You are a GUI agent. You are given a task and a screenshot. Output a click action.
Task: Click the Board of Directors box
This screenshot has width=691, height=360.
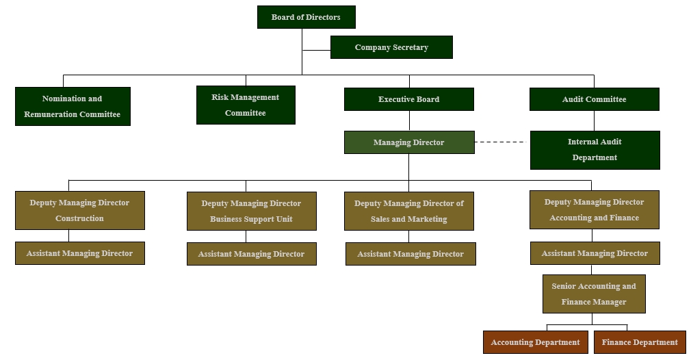pos(306,17)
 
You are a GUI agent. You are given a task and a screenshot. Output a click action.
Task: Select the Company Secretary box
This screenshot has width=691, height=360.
pos(391,47)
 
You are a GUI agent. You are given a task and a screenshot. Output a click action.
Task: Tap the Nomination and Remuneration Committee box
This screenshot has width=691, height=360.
pos(73,106)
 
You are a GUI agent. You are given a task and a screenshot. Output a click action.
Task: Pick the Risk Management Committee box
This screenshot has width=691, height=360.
pos(246,105)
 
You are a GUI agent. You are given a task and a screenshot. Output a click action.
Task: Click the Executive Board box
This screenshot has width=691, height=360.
pos(408,99)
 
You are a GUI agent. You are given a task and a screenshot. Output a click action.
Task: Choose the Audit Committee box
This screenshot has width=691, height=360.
pos(594,99)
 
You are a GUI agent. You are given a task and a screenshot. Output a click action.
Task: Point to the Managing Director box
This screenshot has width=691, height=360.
pos(408,142)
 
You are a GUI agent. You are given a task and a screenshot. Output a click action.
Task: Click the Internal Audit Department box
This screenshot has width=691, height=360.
pos(595,150)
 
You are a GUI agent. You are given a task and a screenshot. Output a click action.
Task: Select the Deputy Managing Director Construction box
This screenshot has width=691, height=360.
pos(79,210)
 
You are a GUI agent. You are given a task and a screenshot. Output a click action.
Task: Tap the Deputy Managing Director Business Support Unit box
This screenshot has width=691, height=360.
pos(251,211)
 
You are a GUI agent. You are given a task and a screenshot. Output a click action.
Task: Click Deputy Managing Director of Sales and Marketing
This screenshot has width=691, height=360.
pos(409,211)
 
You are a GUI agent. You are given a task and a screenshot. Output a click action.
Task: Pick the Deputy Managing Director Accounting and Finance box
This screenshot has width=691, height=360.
pos(594,209)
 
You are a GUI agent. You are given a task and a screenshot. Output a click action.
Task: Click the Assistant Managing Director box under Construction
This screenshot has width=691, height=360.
pos(79,253)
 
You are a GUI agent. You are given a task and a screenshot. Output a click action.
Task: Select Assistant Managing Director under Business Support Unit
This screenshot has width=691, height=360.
pos(251,254)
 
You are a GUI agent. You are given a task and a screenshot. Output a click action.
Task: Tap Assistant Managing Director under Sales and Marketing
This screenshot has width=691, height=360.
pos(410,254)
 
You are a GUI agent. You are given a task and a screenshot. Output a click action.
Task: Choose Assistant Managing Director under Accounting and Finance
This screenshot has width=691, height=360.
pos(595,253)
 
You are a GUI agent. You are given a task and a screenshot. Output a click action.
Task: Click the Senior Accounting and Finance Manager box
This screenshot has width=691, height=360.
pos(594,294)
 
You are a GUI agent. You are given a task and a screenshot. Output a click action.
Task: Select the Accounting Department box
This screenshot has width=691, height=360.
pos(535,342)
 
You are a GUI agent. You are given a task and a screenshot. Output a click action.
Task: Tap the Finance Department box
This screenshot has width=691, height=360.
pos(640,342)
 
